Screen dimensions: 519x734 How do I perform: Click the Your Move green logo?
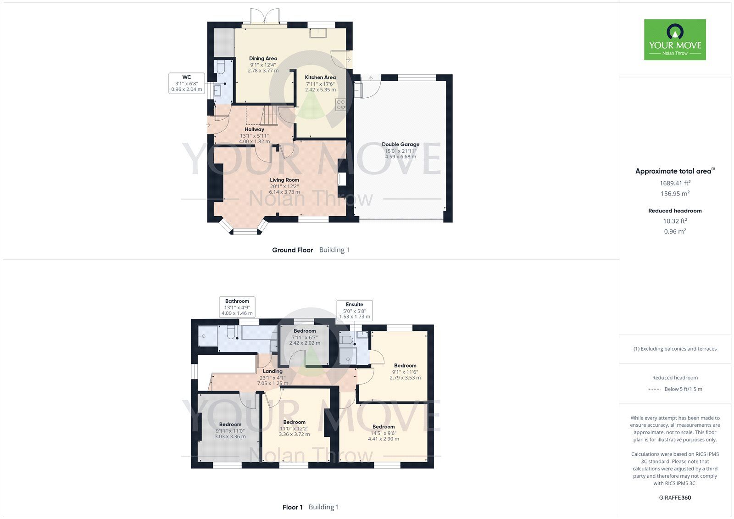tap(674, 39)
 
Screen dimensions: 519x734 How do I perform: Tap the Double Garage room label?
tap(400, 145)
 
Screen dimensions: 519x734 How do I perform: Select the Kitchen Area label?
tap(320, 78)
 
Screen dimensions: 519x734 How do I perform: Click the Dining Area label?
tap(263, 59)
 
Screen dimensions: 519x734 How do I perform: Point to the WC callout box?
tap(186, 83)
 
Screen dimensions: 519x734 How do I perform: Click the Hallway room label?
tap(254, 129)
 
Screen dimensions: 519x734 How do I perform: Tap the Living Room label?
tap(284, 180)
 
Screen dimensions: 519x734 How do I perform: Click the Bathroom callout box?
tap(237, 307)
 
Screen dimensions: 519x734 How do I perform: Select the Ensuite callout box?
tap(354, 310)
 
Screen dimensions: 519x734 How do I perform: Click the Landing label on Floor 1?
tap(272, 371)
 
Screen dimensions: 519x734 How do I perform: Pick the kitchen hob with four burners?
tap(340, 105)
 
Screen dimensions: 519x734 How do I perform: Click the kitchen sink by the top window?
tap(317, 33)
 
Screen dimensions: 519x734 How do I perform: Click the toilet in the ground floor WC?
tap(220, 68)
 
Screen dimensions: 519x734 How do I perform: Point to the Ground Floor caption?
tap(292, 250)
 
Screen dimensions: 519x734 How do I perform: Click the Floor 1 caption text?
tap(293, 507)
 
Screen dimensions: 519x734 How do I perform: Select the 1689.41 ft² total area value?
tap(675, 183)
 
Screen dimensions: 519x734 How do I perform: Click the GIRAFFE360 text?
tap(675, 497)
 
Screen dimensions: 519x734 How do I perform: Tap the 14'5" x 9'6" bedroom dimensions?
tap(384, 433)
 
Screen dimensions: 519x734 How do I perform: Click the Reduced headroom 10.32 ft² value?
tap(675, 221)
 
